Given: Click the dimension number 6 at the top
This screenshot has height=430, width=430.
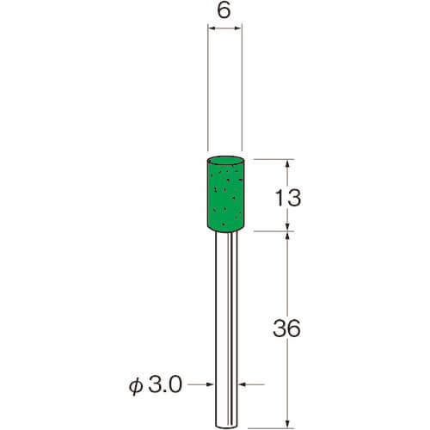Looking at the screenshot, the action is point(224,11).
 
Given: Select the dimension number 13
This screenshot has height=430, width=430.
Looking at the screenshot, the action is point(288,198).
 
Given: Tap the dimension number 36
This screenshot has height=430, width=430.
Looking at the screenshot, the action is point(286,329).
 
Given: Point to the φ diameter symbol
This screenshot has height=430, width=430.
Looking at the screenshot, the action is point(136,386).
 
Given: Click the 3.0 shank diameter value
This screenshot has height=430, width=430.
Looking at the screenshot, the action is point(165,384).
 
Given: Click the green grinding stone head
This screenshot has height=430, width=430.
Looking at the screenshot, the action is point(224,193).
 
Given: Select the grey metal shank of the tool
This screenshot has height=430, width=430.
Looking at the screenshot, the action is point(226,329).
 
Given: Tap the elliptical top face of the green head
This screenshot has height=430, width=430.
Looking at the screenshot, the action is point(225,161).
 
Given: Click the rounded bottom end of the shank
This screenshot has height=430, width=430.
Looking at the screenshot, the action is point(226,426).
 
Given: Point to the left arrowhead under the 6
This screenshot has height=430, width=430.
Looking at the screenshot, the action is point(212,28).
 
